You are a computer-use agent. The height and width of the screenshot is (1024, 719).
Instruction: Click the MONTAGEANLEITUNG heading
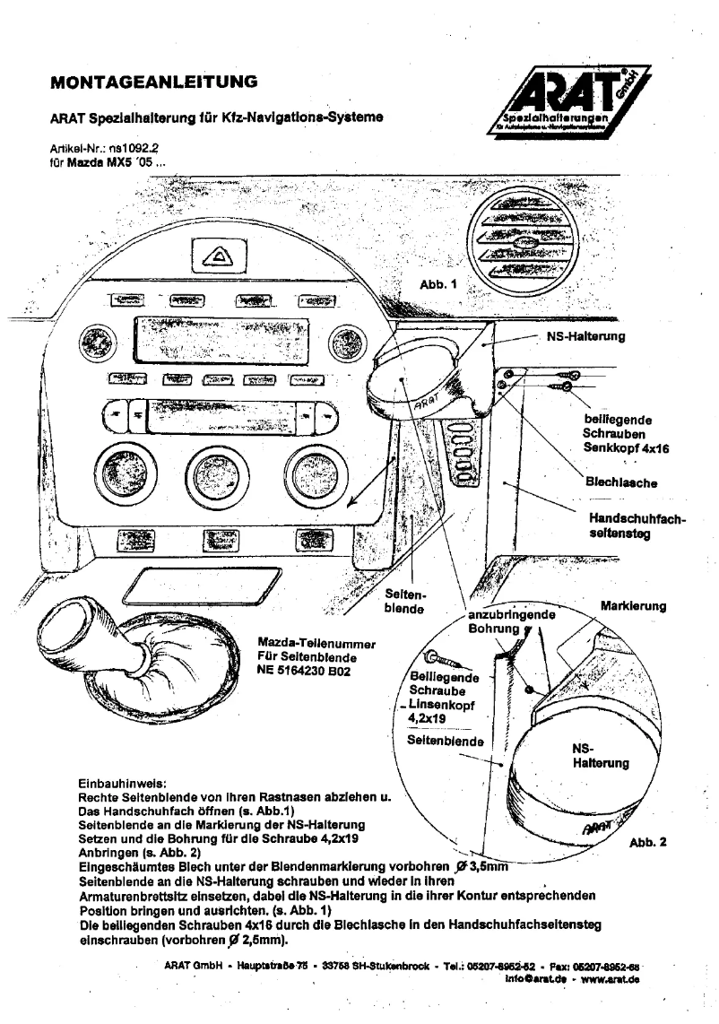[x=154, y=82]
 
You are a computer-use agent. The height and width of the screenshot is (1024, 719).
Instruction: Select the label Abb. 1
[x=438, y=284]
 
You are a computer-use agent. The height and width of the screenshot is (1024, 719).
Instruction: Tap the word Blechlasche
[x=621, y=482]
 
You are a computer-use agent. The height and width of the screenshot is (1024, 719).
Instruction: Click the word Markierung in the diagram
[x=633, y=606]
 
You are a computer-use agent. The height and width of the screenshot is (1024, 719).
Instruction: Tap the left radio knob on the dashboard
[x=92, y=341]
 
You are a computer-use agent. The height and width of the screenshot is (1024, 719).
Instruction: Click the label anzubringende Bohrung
[x=512, y=622]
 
